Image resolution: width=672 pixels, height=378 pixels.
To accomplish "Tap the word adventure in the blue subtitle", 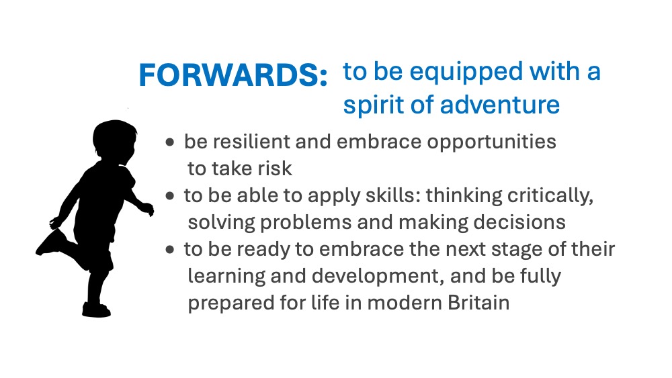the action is point(500,105).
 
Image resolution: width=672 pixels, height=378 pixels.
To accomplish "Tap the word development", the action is point(378,277).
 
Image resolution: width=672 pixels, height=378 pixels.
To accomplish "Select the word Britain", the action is point(478,303).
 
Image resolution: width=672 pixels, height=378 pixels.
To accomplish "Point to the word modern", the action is point(404,303).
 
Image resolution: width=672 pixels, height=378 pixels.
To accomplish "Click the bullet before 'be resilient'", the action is point(170,142).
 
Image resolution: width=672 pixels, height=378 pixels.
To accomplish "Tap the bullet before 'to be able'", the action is point(170,196).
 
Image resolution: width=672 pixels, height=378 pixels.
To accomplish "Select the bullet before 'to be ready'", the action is point(170,250).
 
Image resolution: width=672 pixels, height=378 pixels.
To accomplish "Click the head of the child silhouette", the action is point(114,140).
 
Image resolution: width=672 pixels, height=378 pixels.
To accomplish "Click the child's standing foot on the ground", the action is point(96,310).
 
